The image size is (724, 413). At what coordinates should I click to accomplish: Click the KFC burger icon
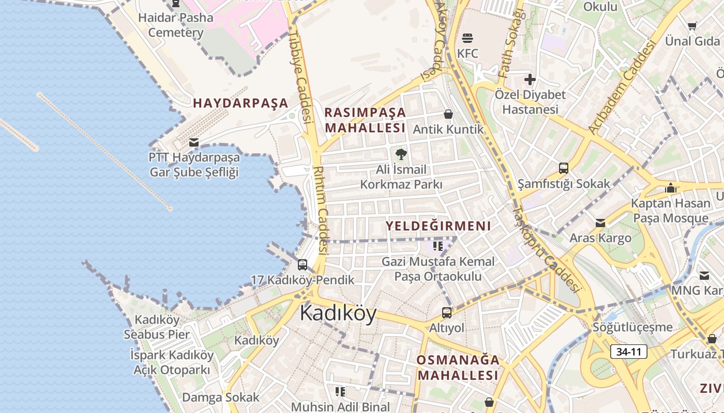(467, 38)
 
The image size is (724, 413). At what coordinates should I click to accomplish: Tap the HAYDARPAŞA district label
(240, 103)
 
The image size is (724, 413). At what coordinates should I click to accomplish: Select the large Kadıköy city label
(338, 313)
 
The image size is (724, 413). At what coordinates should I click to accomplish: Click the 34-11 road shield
(629, 352)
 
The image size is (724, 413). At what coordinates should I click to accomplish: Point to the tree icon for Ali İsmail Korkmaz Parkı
(401, 154)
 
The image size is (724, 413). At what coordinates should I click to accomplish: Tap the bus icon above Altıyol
(446, 312)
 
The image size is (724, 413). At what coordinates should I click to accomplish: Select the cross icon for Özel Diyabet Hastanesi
(530, 80)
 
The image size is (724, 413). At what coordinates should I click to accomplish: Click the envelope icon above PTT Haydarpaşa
(194, 142)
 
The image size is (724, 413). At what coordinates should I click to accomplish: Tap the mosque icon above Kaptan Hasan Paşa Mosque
(671, 188)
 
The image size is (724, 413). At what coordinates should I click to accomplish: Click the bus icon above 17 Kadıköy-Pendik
(303, 265)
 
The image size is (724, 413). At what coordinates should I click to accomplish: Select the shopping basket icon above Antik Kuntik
(448, 114)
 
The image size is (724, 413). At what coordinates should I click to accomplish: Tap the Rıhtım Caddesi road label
(321, 210)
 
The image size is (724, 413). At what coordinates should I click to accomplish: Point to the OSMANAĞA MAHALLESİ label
(458, 367)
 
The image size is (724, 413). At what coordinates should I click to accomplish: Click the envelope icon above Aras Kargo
(600, 223)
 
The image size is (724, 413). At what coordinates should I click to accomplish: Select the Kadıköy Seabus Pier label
(157, 327)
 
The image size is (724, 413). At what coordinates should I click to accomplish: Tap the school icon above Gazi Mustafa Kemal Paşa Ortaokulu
(438, 246)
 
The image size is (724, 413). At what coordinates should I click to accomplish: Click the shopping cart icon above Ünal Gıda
(692, 26)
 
